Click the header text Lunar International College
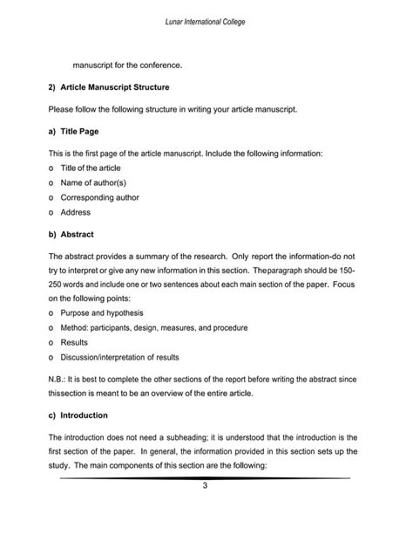click(x=206, y=20)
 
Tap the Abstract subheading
click(x=77, y=235)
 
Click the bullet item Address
click(x=76, y=212)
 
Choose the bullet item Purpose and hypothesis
click(x=102, y=312)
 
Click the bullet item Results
click(x=75, y=342)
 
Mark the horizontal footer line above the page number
click(x=206, y=478)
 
